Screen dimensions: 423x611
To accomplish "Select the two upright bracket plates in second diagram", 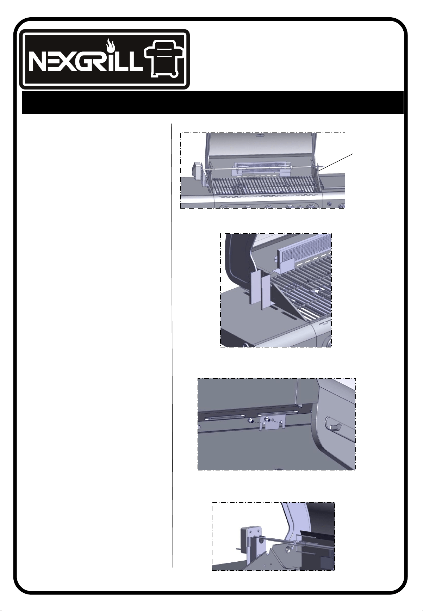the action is tap(261, 288).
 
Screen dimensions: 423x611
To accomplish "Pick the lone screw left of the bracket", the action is tap(250, 421).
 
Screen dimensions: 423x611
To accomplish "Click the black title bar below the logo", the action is tap(212, 103).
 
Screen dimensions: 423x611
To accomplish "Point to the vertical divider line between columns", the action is tap(173, 345).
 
